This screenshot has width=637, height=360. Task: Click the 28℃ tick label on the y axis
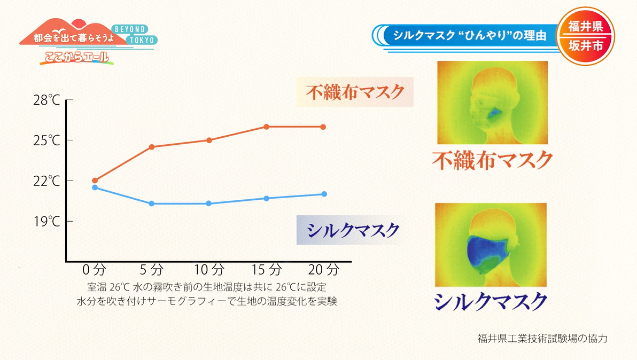pos(47,100)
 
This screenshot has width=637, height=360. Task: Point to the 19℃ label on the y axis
pos(47,221)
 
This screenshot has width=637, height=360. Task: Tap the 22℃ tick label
pos(47,181)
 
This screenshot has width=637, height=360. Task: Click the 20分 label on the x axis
pos(324,268)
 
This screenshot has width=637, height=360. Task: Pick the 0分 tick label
pos(95,268)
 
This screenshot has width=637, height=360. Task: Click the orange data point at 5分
pos(152,147)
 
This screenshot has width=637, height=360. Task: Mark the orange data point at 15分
pos(266,127)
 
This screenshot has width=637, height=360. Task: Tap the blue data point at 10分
pos(209,204)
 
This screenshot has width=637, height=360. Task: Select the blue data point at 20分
pos(323,194)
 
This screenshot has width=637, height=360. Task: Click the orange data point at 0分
pos(95,181)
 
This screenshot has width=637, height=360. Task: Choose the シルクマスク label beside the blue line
pos(353,230)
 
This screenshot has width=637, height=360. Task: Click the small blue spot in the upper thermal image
pos(494,113)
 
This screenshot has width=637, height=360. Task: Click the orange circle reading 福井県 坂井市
pos(585,36)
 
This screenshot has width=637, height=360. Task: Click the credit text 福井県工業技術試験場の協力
pos(543,338)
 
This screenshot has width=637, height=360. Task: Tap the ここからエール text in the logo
pos(73,56)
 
